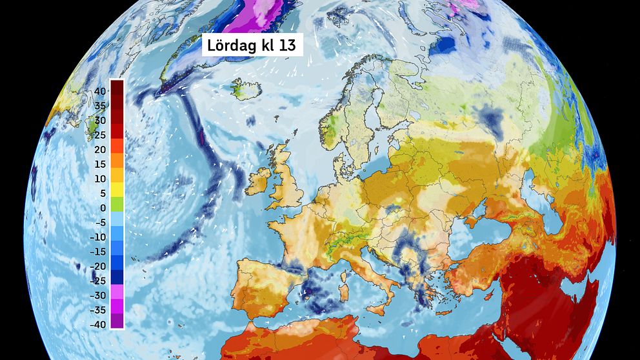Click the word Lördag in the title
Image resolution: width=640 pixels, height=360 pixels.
coord(230,46)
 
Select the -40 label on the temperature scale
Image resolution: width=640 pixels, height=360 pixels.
coord(98,325)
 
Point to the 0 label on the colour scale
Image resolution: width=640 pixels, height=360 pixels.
coord(103,208)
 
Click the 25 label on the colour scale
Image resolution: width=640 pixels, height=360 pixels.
coord(100,135)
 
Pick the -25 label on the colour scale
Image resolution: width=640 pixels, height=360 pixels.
coord(98,281)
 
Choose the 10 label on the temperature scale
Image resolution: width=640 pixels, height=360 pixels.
coord(100,179)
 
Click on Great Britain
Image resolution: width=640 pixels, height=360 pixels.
coord(288,184)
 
